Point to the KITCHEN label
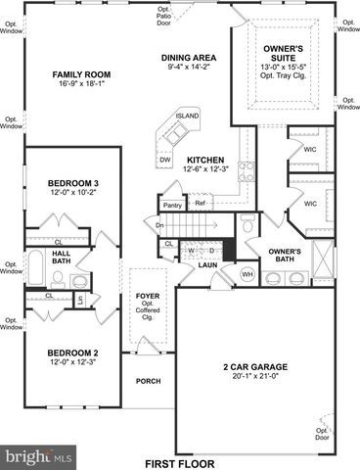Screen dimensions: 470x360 (x=205, y=160)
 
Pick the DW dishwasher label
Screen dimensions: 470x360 (x=165, y=159)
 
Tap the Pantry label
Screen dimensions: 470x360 (x=172, y=205)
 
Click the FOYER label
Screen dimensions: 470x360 (x=147, y=291)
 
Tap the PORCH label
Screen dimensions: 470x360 (x=148, y=382)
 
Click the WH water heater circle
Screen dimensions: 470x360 (x=247, y=274)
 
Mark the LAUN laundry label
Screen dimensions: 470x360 (x=207, y=265)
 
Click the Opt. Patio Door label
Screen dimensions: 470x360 (x=163, y=13)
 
